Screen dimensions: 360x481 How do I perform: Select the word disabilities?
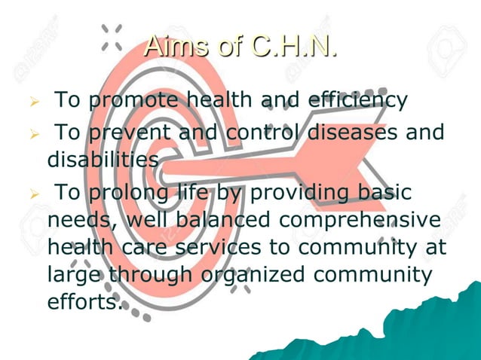[x=102, y=160]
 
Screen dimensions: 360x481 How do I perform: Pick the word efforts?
[x=83, y=303]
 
